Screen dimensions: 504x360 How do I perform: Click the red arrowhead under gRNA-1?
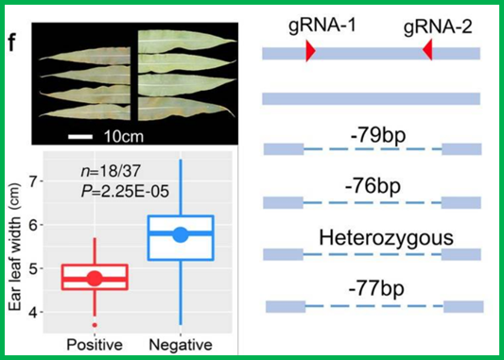(x=310, y=51)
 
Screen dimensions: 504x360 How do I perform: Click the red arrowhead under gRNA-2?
(x=427, y=50)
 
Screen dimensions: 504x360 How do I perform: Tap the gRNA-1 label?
(x=322, y=26)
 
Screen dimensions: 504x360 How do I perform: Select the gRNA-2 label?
(x=438, y=26)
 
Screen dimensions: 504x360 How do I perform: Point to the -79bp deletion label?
(x=378, y=135)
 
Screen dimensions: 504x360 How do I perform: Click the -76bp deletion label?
(x=373, y=186)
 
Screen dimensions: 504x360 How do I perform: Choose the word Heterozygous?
(x=386, y=238)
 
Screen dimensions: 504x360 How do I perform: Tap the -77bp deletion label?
(x=376, y=288)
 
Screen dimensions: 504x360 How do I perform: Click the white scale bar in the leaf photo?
(x=80, y=137)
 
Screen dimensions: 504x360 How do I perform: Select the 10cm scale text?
(x=124, y=137)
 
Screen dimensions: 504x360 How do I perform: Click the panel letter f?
(x=12, y=43)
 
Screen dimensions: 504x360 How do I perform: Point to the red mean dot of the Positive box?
(x=95, y=278)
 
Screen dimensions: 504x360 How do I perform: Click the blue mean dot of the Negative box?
(x=181, y=234)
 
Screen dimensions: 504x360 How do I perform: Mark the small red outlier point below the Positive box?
(x=95, y=325)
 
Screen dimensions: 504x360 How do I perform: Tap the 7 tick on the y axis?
(x=33, y=181)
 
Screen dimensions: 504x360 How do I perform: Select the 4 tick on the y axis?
(x=33, y=312)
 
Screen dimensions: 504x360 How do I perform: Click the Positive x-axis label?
(x=95, y=345)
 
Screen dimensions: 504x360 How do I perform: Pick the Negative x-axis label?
(x=181, y=345)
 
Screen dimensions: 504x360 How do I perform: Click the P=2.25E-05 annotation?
(x=125, y=192)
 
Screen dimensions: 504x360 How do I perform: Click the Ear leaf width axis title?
(x=15, y=247)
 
